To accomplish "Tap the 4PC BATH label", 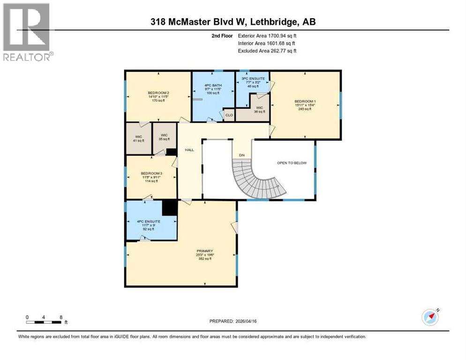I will click(x=213, y=85).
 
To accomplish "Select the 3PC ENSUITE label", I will click(x=253, y=78).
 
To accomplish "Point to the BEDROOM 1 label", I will click(x=305, y=101).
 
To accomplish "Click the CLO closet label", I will click(x=229, y=115).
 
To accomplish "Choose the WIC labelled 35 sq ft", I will click(x=164, y=135).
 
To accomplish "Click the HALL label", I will click(x=189, y=150).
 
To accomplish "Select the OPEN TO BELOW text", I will click(x=292, y=163).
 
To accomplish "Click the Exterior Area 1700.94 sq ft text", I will click(x=266, y=36).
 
